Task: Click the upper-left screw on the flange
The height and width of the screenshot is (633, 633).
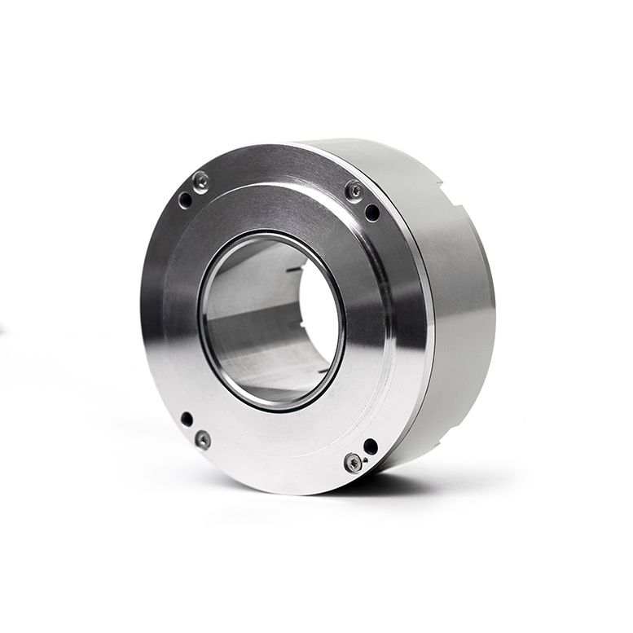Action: click(x=200, y=181)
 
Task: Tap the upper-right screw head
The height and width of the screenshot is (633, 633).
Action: click(x=354, y=190)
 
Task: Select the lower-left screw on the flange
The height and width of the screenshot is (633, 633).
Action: click(x=203, y=440)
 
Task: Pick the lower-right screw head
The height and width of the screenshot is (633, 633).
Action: click(x=352, y=463)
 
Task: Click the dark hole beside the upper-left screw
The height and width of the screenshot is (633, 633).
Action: click(x=186, y=199)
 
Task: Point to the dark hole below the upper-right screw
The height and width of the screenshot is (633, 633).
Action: click(x=372, y=213)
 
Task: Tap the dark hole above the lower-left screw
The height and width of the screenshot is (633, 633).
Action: click(x=187, y=419)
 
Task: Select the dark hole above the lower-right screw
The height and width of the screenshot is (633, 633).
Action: click(x=371, y=446)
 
